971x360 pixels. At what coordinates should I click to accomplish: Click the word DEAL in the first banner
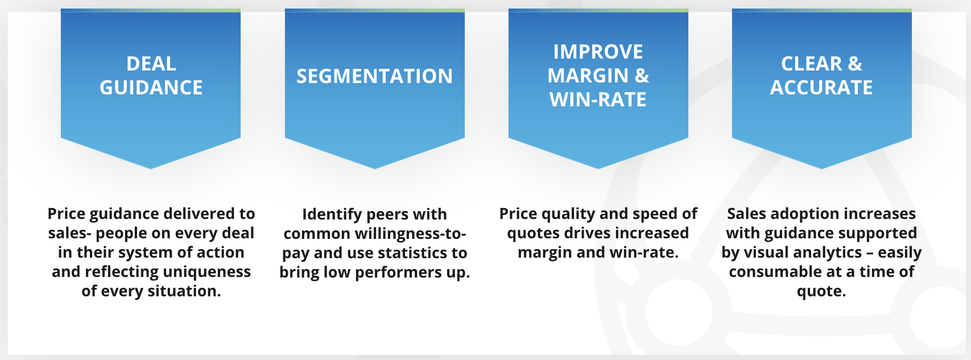point(151,64)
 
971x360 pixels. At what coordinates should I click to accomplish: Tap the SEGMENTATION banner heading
point(374,76)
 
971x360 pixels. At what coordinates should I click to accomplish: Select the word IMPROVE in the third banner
point(598,52)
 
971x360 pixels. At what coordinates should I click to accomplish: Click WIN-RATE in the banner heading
point(598,100)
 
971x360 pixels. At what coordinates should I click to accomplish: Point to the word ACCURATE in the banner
point(821,88)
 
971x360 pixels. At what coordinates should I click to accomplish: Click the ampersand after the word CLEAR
point(855,64)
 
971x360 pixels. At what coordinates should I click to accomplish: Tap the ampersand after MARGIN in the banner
point(642,76)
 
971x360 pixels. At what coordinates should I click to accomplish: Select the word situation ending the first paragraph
point(184,291)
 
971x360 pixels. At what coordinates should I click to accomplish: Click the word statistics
point(406,253)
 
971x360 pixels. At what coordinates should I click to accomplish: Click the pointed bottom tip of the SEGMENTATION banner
point(374,168)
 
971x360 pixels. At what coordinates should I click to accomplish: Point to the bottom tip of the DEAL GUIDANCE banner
point(151,168)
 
